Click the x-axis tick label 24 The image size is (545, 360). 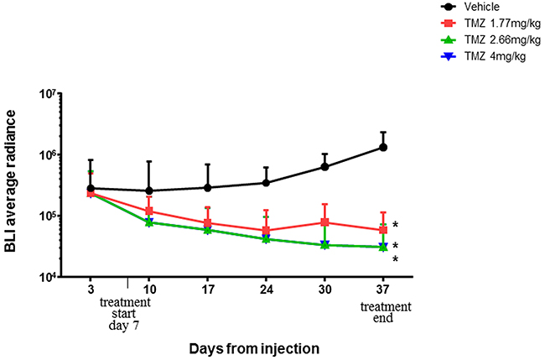[x=267, y=288]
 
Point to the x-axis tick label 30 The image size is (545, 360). [x=324, y=288]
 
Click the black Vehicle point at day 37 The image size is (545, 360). [x=383, y=147]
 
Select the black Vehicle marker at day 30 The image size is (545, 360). [x=324, y=167]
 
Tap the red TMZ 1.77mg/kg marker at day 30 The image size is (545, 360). [x=324, y=222]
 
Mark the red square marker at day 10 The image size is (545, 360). [x=149, y=211]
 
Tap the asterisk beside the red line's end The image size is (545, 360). [x=395, y=225]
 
